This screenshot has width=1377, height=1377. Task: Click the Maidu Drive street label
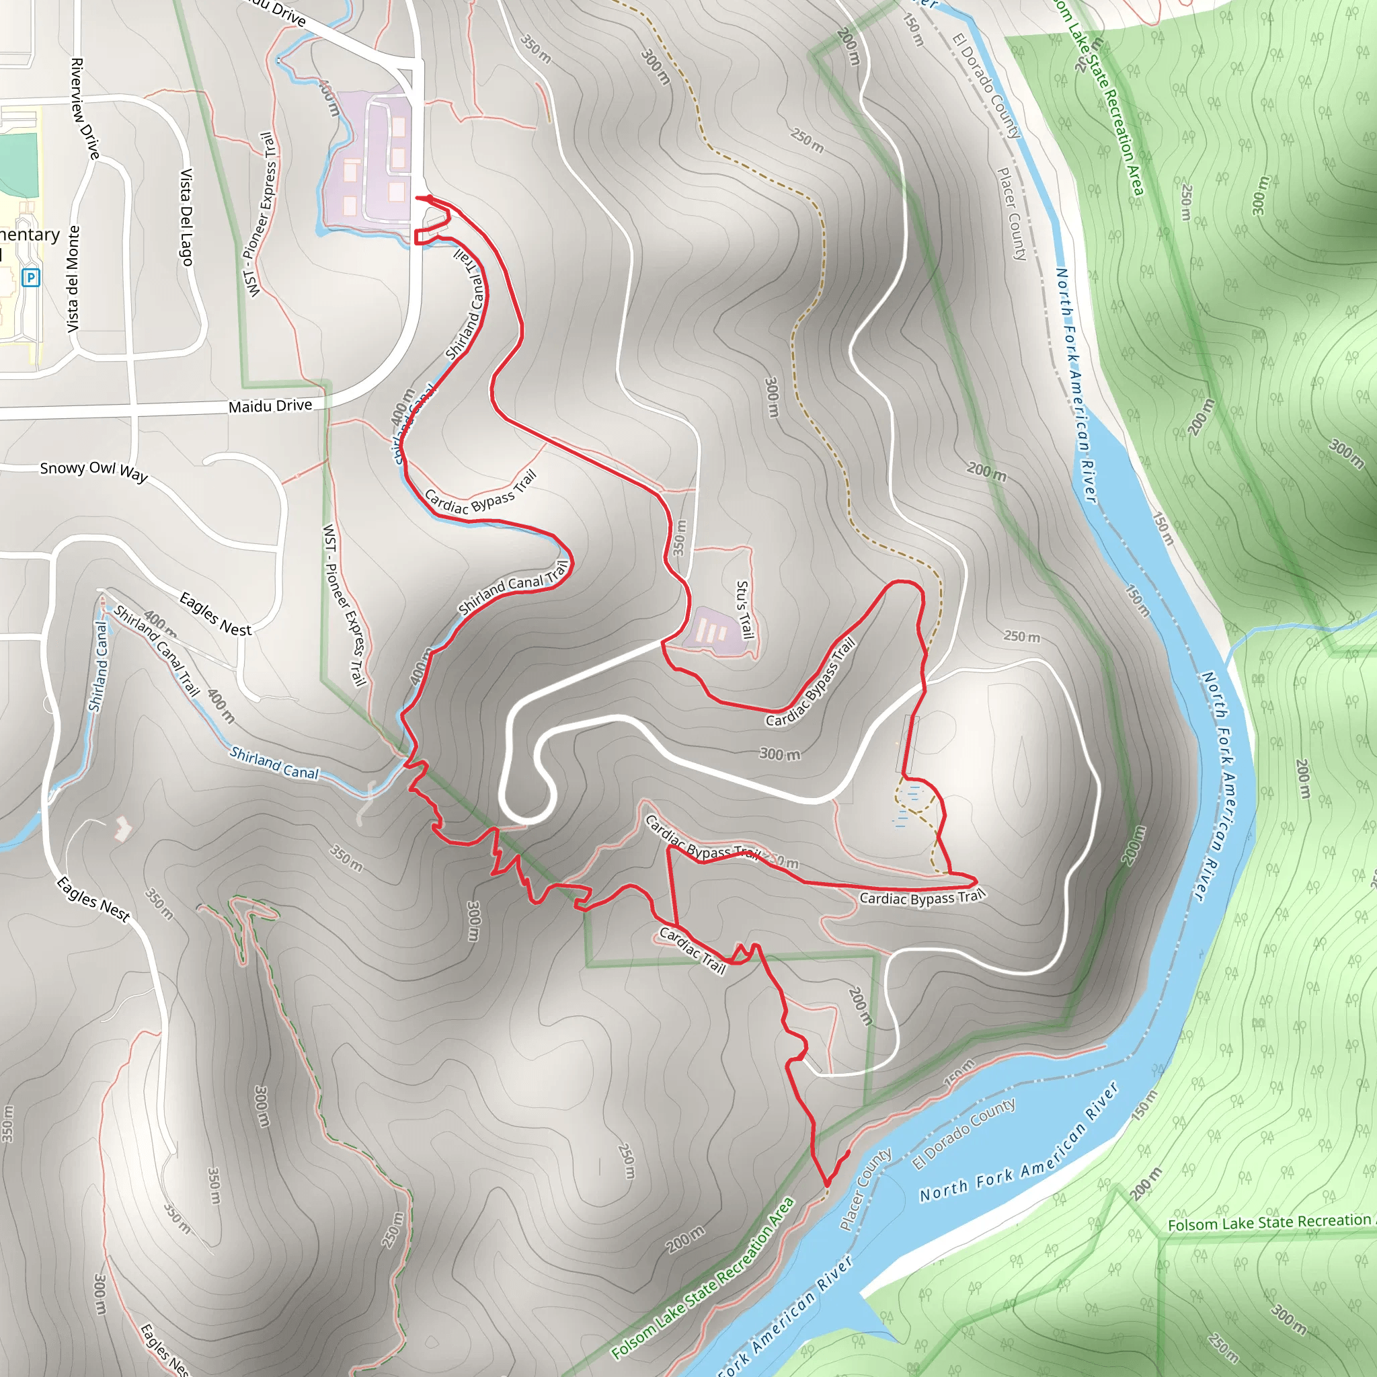(270, 405)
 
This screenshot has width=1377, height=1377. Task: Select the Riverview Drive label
(85, 108)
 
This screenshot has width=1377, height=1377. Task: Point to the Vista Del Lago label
(186, 217)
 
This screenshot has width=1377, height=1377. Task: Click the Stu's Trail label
(744, 608)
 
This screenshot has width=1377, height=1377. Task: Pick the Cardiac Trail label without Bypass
(692, 950)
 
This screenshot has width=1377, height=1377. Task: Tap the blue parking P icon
(31, 276)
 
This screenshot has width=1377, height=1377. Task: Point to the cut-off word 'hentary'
(29, 235)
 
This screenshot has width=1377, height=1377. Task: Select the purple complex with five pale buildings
(370, 164)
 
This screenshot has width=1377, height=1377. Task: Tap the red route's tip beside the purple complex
(418, 198)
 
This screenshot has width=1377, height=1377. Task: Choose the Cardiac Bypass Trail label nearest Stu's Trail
(810, 682)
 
